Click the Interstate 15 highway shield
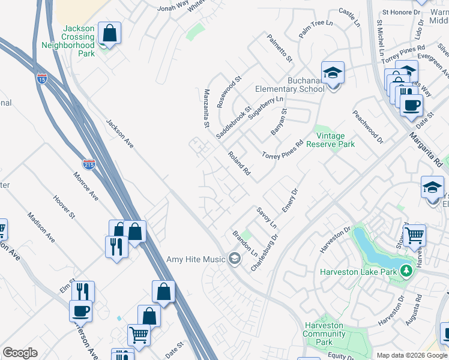tap(41, 78)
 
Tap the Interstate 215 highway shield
tap(89, 164)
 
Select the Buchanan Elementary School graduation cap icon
tap(333, 73)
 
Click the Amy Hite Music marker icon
tap(235, 259)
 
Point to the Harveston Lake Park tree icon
tap(406, 271)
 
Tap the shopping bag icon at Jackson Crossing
tap(109, 34)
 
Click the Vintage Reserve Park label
tap(330, 140)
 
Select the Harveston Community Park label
tap(324, 334)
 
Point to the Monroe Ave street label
tap(86, 186)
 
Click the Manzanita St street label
tap(206, 109)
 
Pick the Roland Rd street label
tap(238, 163)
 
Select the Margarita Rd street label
tap(426, 149)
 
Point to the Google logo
tap(20, 353)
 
